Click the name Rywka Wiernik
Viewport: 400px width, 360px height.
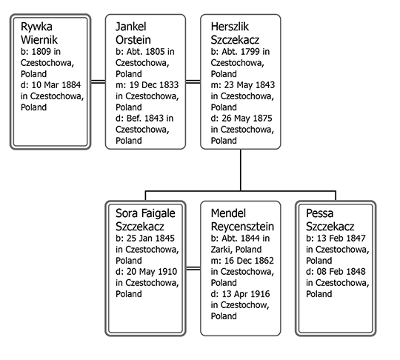(39, 33)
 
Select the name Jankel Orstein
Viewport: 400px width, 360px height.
(133, 33)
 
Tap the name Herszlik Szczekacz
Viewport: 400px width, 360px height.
(235, 33)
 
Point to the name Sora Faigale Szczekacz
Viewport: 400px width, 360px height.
(145, 220)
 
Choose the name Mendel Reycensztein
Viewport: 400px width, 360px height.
(242, 220)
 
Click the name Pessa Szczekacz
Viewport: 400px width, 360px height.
(330, 220)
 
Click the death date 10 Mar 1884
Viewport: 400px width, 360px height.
(56, 85)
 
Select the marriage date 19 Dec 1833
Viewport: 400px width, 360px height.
(154, 85)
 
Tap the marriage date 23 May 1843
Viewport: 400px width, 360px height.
(249, 85)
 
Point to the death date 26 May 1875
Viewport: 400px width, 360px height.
(247, 119)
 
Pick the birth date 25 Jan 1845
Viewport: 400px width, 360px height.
(150, 239)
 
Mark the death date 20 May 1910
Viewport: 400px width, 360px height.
(152, 272)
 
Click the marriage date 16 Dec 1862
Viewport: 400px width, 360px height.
(249, 261)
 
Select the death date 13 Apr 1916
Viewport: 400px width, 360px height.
(246, 294)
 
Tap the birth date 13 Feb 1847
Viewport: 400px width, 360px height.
(341, 239)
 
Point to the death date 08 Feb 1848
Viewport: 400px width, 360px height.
(341, 272)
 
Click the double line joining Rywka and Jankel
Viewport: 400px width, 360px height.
(99, 82)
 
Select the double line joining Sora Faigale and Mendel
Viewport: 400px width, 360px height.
(193, 268)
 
